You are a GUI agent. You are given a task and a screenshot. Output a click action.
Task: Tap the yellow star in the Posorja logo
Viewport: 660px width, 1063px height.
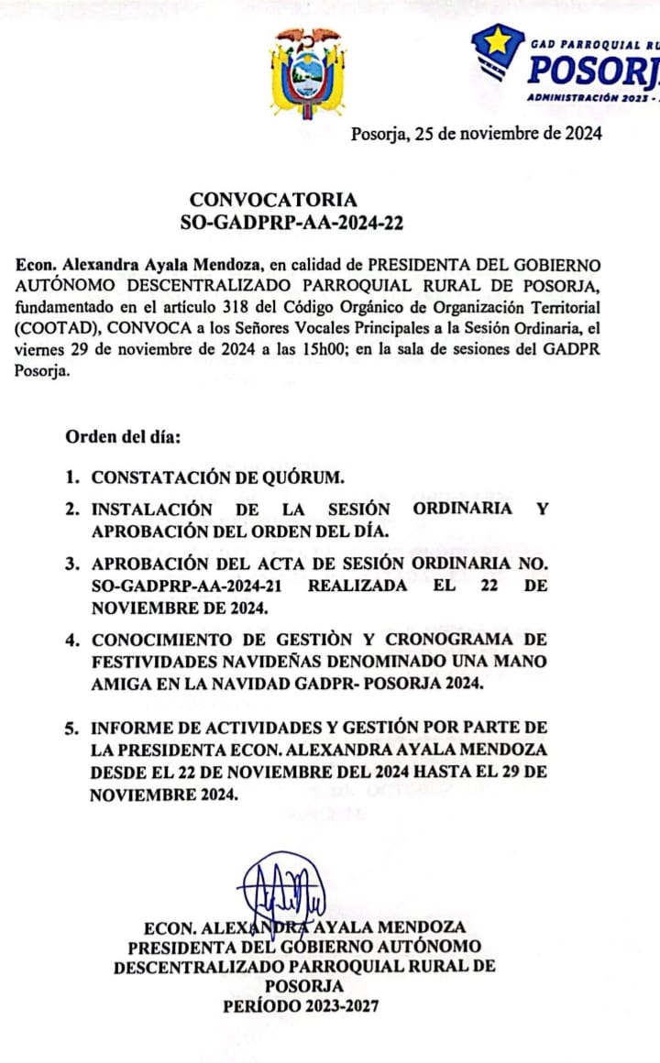[x=498, y=42]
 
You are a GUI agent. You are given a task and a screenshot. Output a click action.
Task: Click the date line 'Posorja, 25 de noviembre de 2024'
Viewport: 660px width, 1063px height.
[x=476, y=134]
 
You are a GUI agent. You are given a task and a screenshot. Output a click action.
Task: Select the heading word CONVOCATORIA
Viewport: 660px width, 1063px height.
[x=273, y=200]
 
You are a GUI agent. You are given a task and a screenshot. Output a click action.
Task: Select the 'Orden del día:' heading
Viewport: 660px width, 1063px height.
[x=123, y=436]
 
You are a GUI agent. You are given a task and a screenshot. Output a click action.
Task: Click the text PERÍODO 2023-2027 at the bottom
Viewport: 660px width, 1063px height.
[x=301, y=1005]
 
